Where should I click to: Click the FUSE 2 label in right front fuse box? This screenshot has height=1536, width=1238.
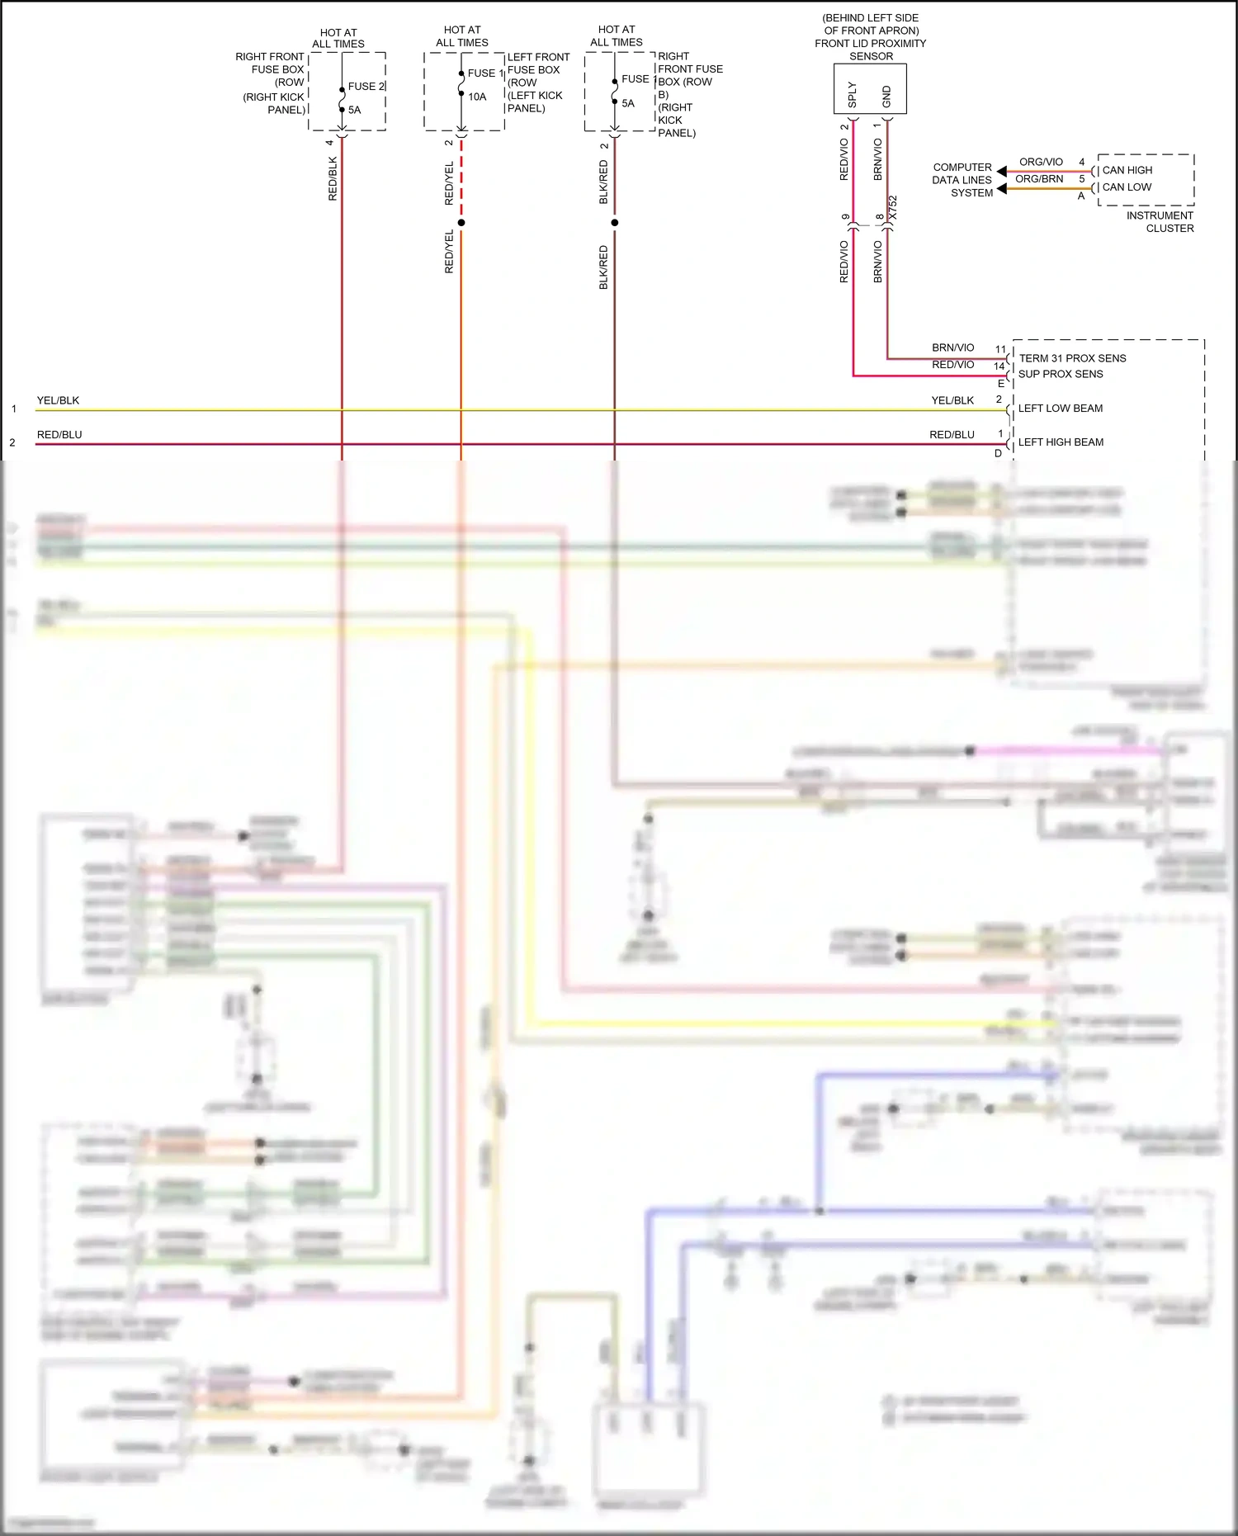point(366,86)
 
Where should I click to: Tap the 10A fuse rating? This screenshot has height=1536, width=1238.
point(477,97)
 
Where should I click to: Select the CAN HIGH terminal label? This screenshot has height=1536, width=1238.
point(1127,170)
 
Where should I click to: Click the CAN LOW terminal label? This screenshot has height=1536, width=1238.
point(1127,187)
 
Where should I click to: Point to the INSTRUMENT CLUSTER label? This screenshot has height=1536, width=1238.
point(1160,222)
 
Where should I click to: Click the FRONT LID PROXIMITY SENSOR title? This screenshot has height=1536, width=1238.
point(870,44)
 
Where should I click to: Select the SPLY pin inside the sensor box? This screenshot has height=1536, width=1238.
point(853,95)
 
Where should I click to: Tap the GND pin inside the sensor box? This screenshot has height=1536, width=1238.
point(887,97)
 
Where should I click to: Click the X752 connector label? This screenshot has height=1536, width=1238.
point(892,208)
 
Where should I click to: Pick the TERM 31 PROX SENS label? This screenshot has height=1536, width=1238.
point(1072,358)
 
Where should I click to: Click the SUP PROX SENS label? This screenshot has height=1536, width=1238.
point(1061,374)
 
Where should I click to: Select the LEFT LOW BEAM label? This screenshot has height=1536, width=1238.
point(1060,409)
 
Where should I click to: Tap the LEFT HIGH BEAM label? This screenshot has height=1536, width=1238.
point(1061,442)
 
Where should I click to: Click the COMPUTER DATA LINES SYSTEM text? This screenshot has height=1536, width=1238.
point(962,180)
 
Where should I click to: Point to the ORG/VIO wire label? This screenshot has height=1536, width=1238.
point(1041,162)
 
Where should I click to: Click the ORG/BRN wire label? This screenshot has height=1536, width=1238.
point(1039,179)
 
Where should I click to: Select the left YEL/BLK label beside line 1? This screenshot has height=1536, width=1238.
point(58,400)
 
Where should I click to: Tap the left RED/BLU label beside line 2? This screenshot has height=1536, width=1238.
point(59,435)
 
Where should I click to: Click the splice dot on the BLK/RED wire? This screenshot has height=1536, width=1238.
point(615,223)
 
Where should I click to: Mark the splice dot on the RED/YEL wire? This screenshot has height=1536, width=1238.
point(461,223)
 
